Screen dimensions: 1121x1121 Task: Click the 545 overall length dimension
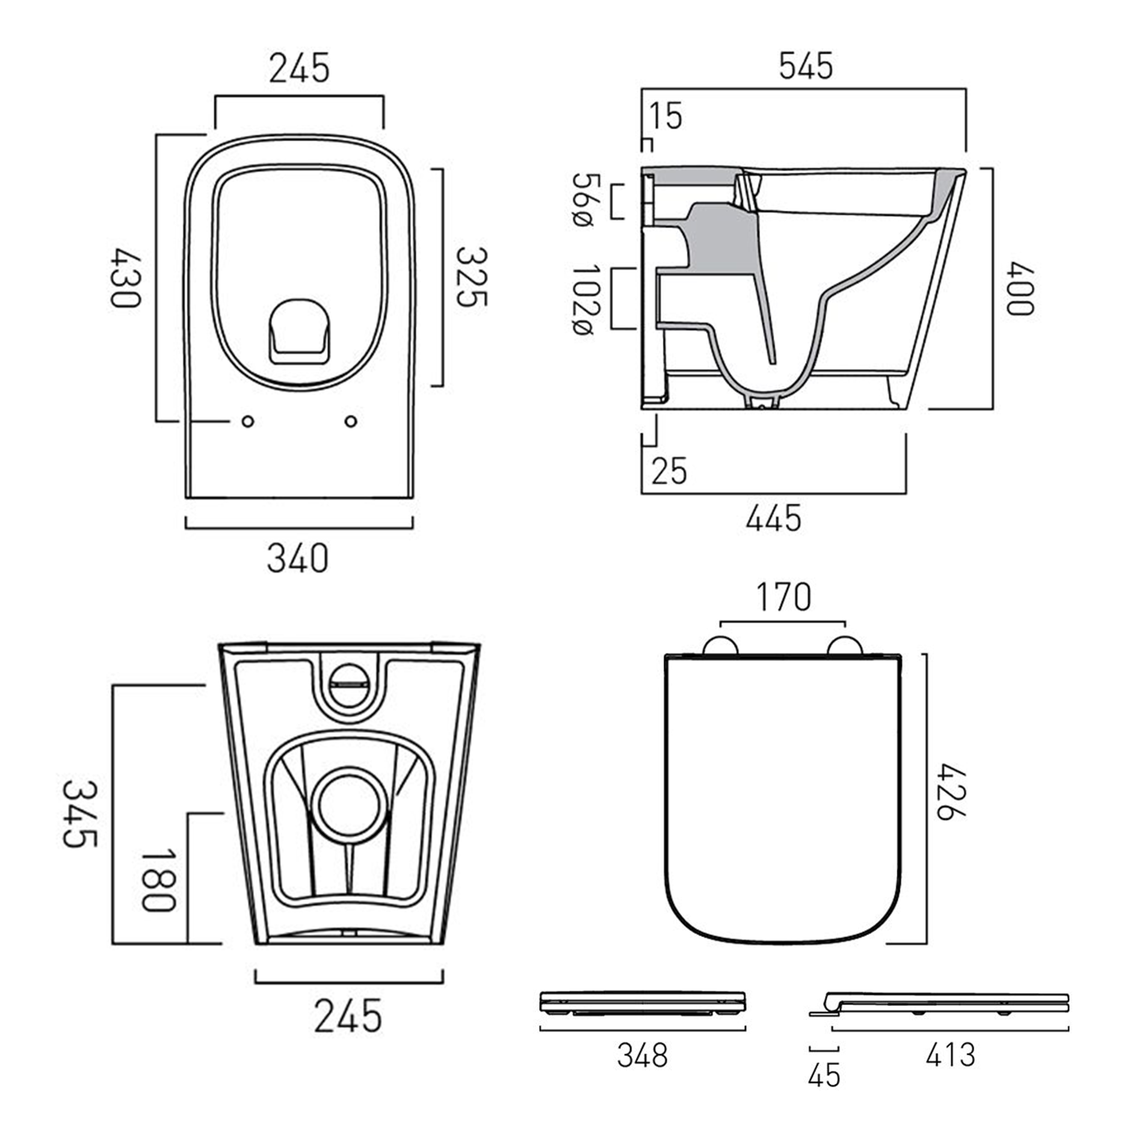pos(805,67)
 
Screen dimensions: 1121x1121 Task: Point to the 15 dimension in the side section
pos(665,116)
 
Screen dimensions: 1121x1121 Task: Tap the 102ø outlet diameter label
pos(585,299)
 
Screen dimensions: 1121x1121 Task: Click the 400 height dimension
pos(1019,288)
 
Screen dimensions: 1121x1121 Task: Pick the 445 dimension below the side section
pos(773,518)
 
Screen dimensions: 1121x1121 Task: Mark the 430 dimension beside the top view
pos(125,277)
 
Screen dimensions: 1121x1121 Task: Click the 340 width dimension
pos(297,558)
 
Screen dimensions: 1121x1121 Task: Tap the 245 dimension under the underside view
pos(348,1016)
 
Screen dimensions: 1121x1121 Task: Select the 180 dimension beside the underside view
pos(158,880)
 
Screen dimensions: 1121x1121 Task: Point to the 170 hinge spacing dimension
pos(782,597)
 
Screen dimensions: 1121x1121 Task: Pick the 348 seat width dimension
pos(642,1055)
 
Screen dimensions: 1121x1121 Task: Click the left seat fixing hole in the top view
pos(248,421)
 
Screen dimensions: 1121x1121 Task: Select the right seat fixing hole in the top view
pos(350,421)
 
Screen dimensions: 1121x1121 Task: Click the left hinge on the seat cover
pos(720,646)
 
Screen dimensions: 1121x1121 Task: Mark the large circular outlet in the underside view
pos(349,803)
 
